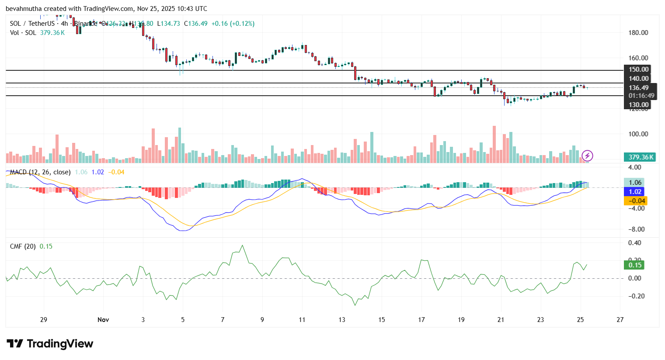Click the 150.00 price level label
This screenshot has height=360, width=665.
638,69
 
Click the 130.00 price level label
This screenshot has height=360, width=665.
638,105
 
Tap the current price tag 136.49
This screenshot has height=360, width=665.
638,88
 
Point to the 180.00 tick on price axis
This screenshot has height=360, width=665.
638,33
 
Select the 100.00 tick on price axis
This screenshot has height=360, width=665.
638,134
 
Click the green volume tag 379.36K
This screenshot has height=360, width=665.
641,157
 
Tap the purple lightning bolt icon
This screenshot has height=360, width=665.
587,156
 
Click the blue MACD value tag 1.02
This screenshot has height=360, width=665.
634,192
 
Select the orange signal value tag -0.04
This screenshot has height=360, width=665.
635,201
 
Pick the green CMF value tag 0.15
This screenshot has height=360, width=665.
634,265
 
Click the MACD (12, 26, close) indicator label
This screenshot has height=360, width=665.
40,172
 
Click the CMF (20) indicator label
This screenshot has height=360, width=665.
23,246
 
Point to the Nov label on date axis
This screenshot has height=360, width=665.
103,320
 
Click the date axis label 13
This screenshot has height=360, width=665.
341,320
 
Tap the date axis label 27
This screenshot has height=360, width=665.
620,320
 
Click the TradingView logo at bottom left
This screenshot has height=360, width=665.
50,344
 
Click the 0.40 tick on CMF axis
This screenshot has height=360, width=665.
634,243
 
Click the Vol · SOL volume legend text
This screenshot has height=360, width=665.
23,33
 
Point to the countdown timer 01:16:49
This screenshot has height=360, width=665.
641,96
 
